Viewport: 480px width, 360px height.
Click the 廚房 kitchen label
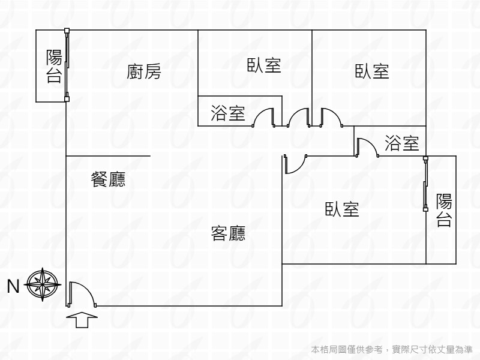point(144,72)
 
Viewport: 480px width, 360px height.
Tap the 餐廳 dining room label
point(108,179)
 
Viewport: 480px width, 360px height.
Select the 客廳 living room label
point(228,233)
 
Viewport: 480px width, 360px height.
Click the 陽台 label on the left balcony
point(54,66)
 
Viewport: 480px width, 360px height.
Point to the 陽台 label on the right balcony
point(444,210)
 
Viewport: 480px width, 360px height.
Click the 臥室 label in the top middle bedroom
point(264,65)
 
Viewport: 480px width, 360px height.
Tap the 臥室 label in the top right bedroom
point(372,71)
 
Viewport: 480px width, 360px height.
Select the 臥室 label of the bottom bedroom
point(342,209)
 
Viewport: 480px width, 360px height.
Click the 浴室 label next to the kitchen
point(228,113)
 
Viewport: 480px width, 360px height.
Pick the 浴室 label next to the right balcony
point(401,143)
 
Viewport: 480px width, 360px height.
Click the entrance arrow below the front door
point(83,320)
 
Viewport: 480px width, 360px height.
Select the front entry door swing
point(81,294)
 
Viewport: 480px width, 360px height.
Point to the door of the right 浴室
point(366,147)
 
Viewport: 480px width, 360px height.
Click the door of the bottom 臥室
point(295,164)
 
